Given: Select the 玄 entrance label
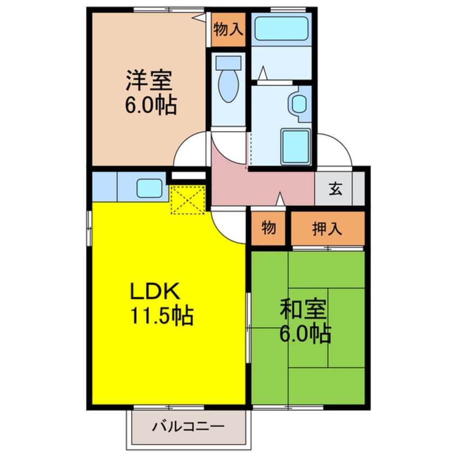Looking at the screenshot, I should coord(335,189).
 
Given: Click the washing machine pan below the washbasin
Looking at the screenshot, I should coord(295,145).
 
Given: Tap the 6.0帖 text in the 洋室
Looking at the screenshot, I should coord(151,105).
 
